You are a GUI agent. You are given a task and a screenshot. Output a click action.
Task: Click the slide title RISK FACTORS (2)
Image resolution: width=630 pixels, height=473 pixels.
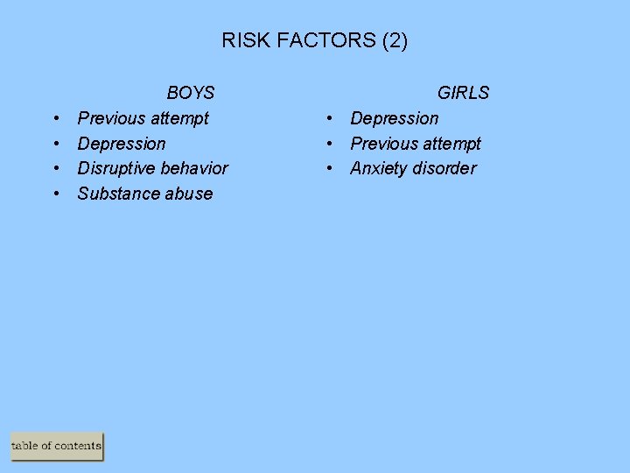point(314,40)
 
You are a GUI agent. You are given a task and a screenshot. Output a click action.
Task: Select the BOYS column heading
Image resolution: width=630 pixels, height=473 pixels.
point(191,93)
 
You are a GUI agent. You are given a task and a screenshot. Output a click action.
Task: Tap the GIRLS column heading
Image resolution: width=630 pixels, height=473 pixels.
point(463,93)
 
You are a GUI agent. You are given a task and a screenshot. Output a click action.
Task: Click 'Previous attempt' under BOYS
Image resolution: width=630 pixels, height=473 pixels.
point(143,118)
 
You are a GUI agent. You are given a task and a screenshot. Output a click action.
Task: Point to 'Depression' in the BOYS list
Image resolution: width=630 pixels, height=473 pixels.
point(122,144)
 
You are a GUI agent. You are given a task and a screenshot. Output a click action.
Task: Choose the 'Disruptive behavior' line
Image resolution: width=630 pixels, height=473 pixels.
point(153,168)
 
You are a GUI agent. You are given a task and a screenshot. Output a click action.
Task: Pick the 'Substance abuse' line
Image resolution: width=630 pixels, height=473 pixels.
point(145,194)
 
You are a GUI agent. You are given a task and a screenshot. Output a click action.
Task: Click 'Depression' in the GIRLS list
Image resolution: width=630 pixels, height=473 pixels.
point(395,118)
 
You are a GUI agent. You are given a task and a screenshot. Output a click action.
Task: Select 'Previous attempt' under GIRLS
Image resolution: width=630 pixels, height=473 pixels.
point(416,144)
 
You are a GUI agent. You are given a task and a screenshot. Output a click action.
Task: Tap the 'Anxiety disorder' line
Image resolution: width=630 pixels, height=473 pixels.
point(413,168)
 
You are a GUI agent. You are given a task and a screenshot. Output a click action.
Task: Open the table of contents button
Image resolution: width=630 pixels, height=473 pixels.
point(57,446)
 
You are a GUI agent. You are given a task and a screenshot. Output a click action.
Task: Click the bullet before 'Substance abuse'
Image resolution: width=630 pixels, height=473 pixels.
point(55,194)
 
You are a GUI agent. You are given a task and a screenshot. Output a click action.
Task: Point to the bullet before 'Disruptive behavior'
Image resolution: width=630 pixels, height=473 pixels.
point(55,168)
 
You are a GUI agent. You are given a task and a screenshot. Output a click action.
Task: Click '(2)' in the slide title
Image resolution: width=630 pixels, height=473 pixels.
point(393,40)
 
